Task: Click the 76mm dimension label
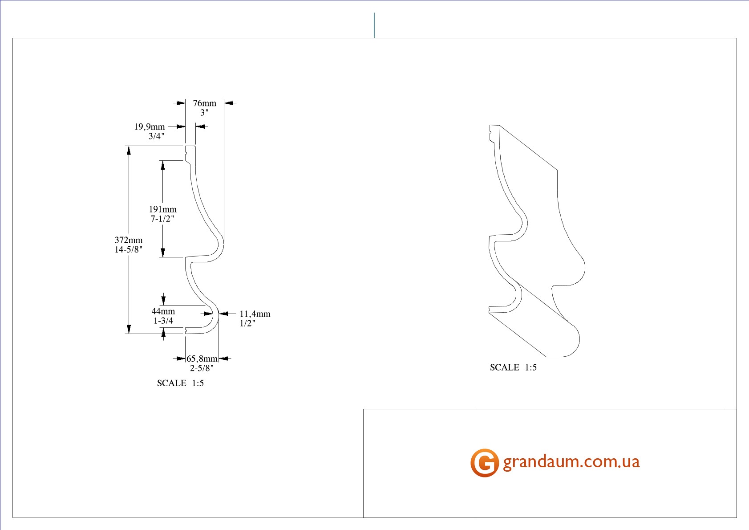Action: point(204,103)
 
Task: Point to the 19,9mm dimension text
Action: point(150,127)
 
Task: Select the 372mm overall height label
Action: point(129,240)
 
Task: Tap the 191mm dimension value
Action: point(162,209)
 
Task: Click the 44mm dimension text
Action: point(163,311)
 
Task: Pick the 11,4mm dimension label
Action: point(255,314)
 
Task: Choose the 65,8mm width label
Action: point(202,359)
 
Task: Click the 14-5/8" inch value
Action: point(129,250)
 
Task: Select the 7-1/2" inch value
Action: point(162,219)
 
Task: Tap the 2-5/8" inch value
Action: point(202,368)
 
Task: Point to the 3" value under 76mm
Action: point(204,113)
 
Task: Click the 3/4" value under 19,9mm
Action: point(156,137)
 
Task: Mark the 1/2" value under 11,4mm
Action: point(247,324)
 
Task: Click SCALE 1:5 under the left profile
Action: point(180,383)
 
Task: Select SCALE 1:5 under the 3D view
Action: point(513,367)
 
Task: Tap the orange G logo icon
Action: point(484,463)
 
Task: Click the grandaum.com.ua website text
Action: point(571,462)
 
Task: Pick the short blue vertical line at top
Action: point(374,25)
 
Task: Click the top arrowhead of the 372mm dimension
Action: point(129,150)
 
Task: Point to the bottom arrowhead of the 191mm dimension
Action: point(163,253)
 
